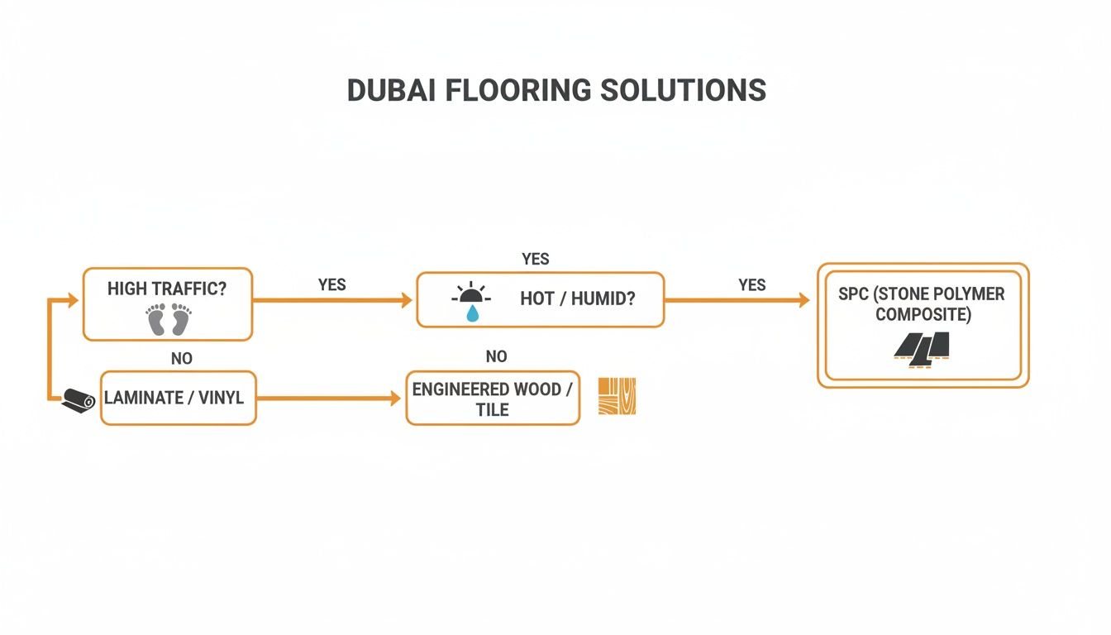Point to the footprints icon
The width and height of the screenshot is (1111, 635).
coord(169,319)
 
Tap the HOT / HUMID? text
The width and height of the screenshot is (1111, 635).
coord(578,298)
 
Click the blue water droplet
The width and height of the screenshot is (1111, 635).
coord(471,313)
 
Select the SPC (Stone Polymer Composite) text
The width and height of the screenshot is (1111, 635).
coord(922,304)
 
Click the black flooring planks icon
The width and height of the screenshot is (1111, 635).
coord(922,348)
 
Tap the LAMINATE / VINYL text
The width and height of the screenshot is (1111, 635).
coord(174,398)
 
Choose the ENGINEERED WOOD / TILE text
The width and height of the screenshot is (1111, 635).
coord(492,399)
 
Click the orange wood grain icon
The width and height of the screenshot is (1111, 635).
coord(617,397)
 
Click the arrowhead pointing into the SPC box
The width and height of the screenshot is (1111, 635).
coord(803,301)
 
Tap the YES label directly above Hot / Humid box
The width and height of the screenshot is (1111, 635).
coord(536,260)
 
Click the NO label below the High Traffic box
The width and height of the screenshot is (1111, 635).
coord(182,359)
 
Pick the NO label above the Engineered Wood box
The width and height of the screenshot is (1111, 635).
coord(496,356)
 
